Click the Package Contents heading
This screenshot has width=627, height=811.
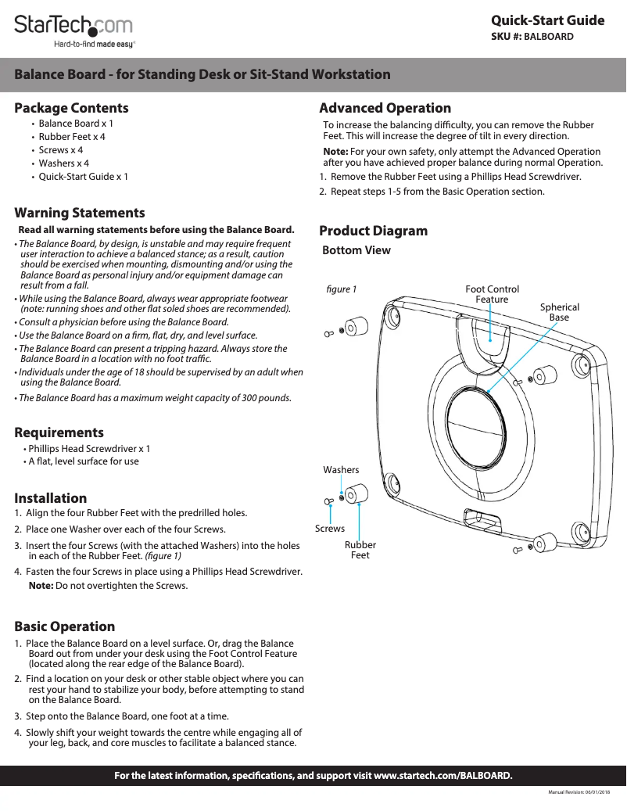click(71, 108)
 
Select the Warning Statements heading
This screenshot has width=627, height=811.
click(80, 213)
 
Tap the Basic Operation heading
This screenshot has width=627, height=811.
click(65, 626)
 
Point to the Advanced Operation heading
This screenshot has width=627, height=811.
click(385, 108)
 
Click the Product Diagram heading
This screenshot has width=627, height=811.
click(374, 231)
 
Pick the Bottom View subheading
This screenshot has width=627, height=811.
click(356, 250)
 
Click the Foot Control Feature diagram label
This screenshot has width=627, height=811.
click(492, 295)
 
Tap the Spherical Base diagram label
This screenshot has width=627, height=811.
click(560, 312)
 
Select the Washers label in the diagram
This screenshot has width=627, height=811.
click(341, 470)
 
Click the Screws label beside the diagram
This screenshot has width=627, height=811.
click(330, 529)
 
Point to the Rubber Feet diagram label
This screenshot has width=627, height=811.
click(360, 550)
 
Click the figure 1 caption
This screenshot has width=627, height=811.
click(342, 289)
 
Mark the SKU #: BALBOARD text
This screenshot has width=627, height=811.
click(537, 37)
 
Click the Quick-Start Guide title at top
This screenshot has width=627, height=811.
click(547, 20)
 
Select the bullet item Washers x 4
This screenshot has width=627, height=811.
click(64, 163)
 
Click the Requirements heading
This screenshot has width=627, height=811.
click(59, 432)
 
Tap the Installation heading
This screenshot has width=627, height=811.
click(51, 498)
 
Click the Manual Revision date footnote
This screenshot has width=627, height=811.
click(579, 793)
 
